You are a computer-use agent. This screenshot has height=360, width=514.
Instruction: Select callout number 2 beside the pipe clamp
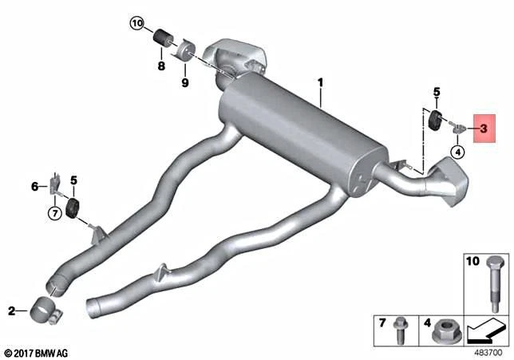pos(11,310)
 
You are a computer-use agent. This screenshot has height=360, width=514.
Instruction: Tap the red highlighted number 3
pos(484,127)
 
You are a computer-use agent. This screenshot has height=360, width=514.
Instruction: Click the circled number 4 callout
pos(457,151)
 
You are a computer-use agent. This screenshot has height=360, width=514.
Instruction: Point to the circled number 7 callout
pos(53,213)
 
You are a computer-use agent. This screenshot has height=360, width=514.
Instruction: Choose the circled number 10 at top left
pos(137,25)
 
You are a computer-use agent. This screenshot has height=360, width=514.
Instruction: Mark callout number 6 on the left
pos(34,186)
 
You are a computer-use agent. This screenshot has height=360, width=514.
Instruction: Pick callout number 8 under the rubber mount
pos(161,66)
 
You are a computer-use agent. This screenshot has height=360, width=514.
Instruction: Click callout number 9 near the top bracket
pos(184,81)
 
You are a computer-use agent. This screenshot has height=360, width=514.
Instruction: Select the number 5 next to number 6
pos(73,180)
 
